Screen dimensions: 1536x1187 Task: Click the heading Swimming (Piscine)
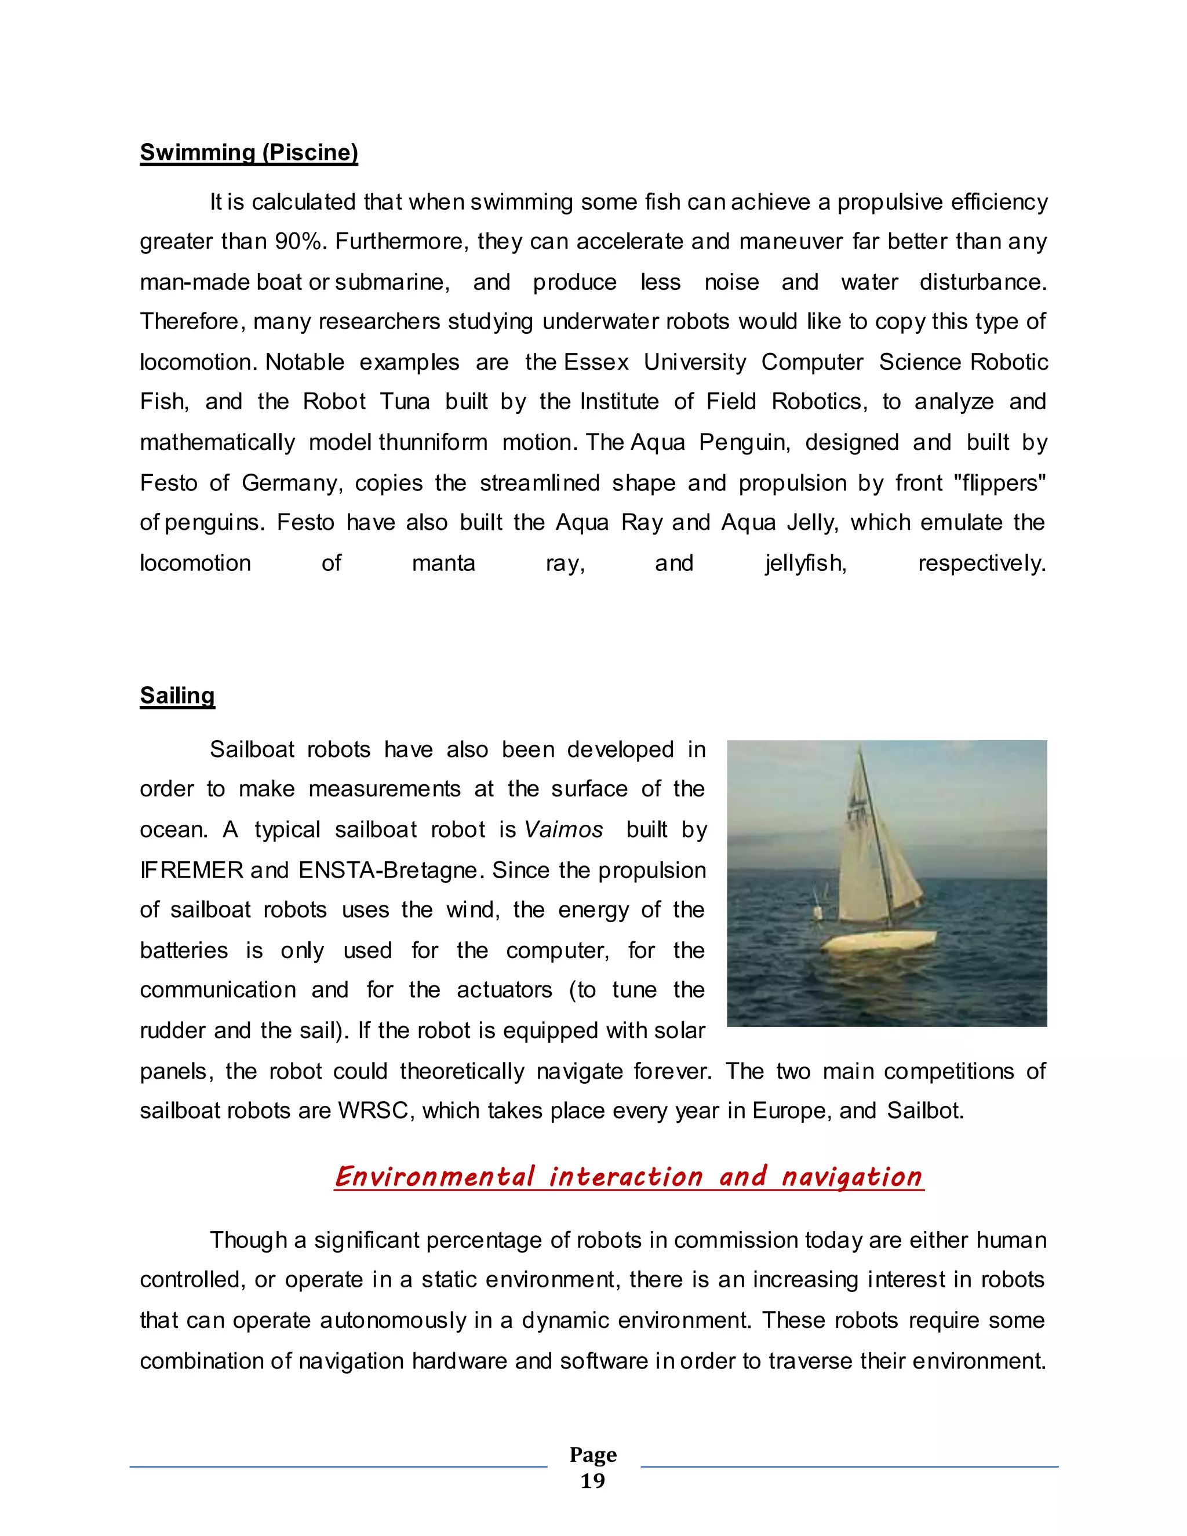(249, 152)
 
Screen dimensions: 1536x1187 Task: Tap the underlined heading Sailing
(177, 696)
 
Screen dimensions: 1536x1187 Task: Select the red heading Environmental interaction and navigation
(629, 1177)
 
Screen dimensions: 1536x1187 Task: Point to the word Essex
(596, 362)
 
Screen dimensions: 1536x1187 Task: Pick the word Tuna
(405, 402)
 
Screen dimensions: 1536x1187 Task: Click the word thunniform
(432, 442)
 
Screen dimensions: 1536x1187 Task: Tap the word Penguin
(745, 442)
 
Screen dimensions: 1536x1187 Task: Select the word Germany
(292, 483)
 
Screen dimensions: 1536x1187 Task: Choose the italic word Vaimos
(563, 830)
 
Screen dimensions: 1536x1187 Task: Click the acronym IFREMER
(191, 871)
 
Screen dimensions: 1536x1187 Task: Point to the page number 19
(592, 1481)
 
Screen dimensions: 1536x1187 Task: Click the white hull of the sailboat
(883, 941)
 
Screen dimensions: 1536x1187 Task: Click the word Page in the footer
(593, 1454)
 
